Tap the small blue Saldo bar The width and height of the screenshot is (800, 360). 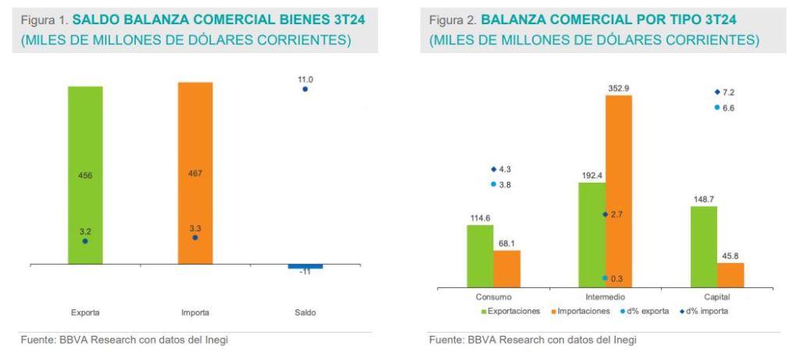tap(305, 267)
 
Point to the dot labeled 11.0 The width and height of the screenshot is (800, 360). tap(305, 90)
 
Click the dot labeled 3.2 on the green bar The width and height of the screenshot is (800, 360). tap(85, 241)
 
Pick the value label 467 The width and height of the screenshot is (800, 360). tap(195, 173)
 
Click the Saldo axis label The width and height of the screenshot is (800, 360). tap(305, 312)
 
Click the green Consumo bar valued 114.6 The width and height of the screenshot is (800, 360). tap(480, 257)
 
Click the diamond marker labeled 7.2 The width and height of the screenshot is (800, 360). tap(717, 92)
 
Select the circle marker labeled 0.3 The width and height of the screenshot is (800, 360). tap(605, 278)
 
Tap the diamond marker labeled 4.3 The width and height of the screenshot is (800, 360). tap(494, 169)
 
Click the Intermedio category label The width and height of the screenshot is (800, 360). tap(605, 298)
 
